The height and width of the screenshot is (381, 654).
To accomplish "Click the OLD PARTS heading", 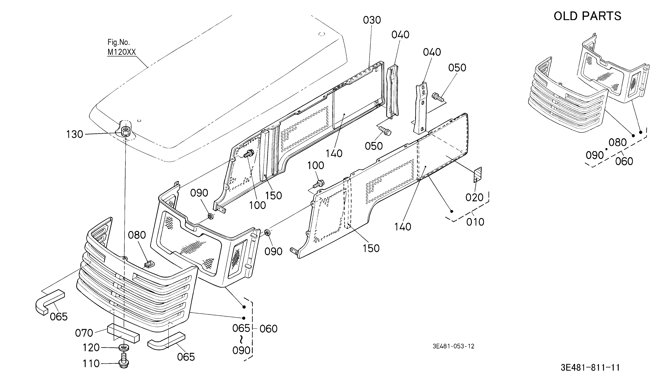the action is point(587,16).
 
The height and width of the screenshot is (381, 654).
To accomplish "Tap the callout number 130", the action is point(75,135).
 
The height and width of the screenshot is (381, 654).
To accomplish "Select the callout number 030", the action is point(372,20).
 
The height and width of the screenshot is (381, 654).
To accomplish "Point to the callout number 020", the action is point(474,197).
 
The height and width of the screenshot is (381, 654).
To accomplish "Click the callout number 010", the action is point(475,222).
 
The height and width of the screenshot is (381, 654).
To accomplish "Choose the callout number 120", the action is point(91,348).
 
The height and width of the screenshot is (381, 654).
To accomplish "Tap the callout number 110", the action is point(91,364).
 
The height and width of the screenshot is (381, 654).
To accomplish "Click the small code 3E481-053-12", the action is point(453,346).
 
